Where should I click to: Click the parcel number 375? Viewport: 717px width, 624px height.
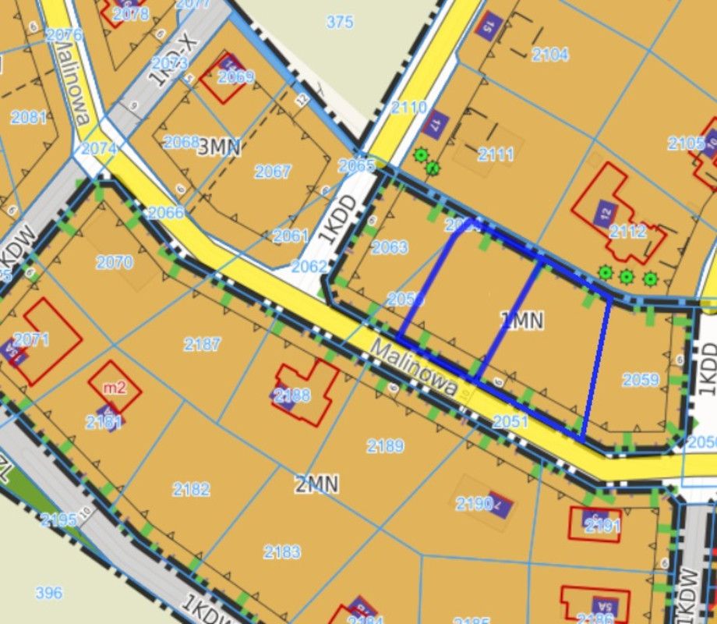(x=340, y=23)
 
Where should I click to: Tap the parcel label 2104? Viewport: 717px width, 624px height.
(x=550, y=54)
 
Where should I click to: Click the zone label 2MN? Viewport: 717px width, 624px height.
(x=316, y=484)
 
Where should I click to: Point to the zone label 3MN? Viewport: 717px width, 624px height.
(x=219, y=147)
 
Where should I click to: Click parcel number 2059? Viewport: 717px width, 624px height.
(x=641, y=380)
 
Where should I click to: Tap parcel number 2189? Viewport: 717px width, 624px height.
(x=385, y=445)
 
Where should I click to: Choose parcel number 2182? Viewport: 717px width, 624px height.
(x=191, y=489)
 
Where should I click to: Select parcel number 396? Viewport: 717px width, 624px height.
(x=48, y=593)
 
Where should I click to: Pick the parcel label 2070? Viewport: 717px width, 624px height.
(x=114, y=263)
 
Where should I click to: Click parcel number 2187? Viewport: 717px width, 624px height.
(x=202, y=343)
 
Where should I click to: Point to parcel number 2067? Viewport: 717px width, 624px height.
(x=272, y=172)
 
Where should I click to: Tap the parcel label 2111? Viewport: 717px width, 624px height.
(x=496, y=154)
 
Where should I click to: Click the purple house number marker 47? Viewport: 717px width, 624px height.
(x=436, y=122)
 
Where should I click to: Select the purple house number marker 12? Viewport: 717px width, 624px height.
(x=606, y=212)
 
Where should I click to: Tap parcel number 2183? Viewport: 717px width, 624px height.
(x=281, y=552)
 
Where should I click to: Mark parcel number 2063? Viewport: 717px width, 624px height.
(x=389, y=247)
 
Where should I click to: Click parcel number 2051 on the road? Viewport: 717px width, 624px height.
(x=510, y=421)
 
